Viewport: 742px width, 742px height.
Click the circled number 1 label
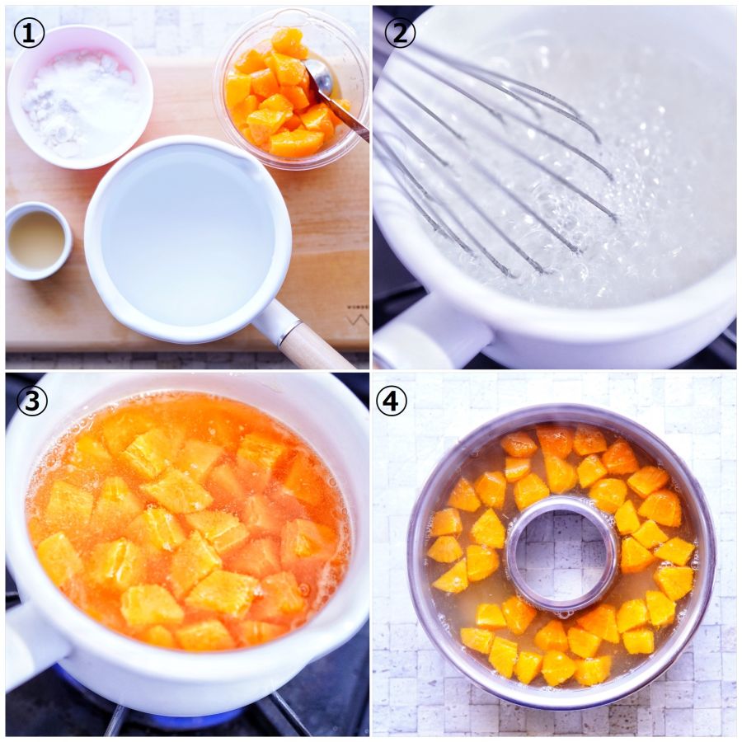tap(29, 33)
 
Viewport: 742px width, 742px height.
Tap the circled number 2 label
tap(400, 33)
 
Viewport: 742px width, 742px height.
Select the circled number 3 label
tap(31, 401)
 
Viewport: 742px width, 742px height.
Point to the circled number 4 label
tap(391, 401)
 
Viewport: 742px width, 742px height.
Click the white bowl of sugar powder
tap(80, 97)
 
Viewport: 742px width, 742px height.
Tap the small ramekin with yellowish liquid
tap(38, 241)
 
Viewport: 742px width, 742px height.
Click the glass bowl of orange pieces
tap(291, 90)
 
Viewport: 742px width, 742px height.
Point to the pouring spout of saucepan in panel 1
tap(245, 163)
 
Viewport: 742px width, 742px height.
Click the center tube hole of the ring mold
tap(562, 554)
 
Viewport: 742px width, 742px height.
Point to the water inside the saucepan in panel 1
tap(188, 237)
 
